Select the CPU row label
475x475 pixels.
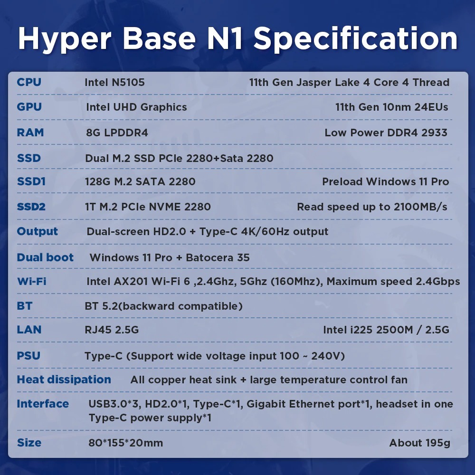tap(29, 82)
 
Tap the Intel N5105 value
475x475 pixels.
tap(115, 82)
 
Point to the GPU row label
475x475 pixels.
tap(29, 107)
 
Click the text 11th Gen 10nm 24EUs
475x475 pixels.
tap(392, 107)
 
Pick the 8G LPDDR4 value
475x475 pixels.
tap(117, 133)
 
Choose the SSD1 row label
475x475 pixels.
tap(31, 181)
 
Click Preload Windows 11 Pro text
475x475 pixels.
tap(385, 181)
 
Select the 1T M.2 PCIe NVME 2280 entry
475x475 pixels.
tap(148, 207)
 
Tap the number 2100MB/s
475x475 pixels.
tap(420, 207)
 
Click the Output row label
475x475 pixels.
tap(37, 231)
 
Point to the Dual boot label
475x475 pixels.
tap(45, 257)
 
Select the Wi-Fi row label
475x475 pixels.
tap(32, 281)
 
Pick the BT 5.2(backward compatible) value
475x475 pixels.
tap(163, 306)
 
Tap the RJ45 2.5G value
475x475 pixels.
tap(112, 330)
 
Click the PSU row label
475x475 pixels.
tap(28, 356)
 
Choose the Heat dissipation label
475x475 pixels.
tap(64, 380)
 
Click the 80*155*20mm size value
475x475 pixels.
tap(126, 443)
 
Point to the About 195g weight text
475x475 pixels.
tap(420, 443)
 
